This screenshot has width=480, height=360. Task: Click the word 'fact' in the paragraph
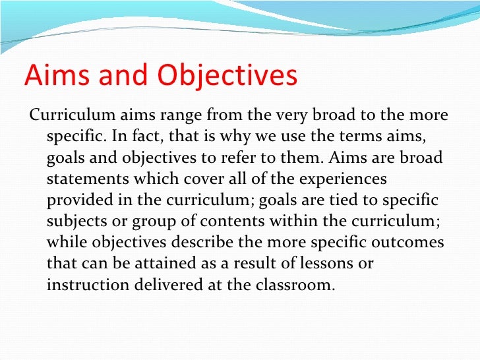(140, 138)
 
